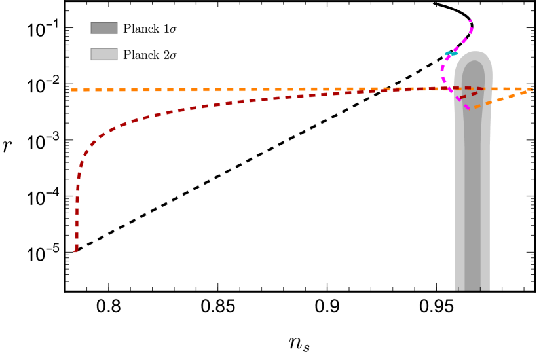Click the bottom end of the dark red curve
75,250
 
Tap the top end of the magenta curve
470,21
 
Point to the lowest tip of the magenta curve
468,109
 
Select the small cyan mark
451,54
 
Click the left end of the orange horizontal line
72,90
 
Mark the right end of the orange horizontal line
531,89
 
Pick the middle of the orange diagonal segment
501,99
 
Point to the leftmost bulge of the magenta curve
442,68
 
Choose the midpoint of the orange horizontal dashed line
301,89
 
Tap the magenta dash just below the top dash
471,31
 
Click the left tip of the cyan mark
445,54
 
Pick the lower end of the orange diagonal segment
474,107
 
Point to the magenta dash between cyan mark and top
464,41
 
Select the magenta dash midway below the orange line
458,99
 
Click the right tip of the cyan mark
457,54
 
